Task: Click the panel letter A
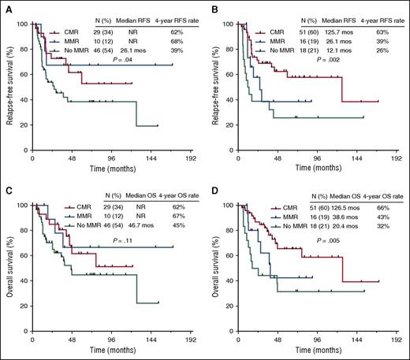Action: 5,6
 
